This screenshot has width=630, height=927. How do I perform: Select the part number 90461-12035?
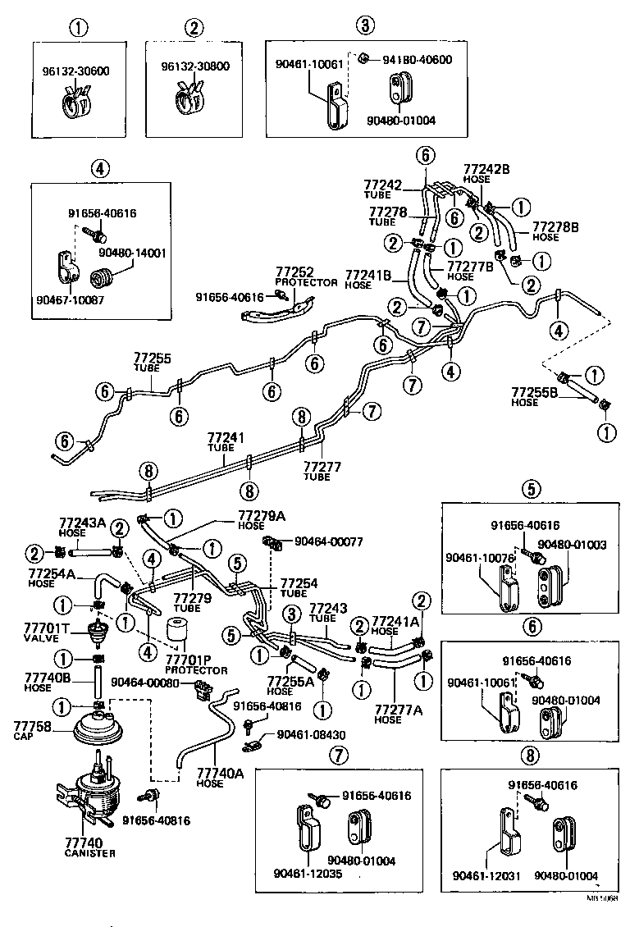click(x=308, y=874)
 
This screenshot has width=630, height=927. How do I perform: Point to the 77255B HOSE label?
click(x=536, y=397)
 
